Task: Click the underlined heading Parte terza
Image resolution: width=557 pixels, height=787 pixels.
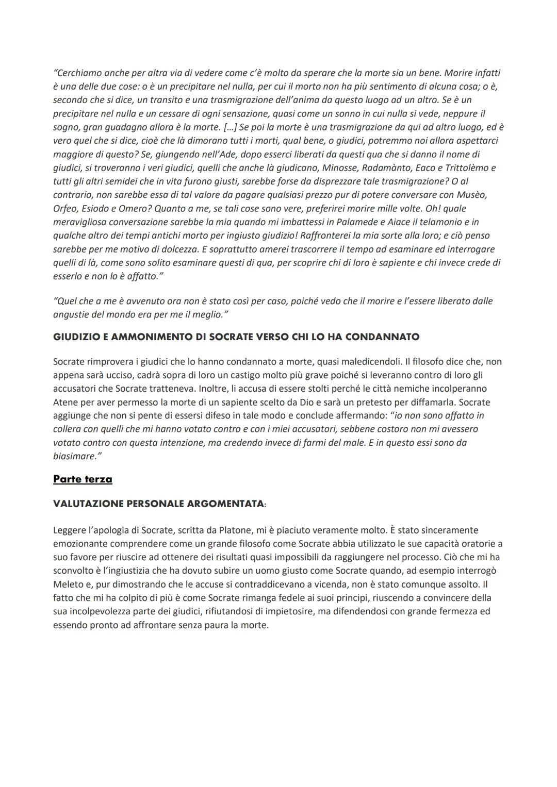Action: (x=83, y=479)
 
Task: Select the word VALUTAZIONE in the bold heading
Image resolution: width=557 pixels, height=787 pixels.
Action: (x=89, y=504)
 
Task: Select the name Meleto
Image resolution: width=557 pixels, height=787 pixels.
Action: (x=68, y=584)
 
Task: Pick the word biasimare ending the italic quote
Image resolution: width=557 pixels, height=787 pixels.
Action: (x=74, y=456)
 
